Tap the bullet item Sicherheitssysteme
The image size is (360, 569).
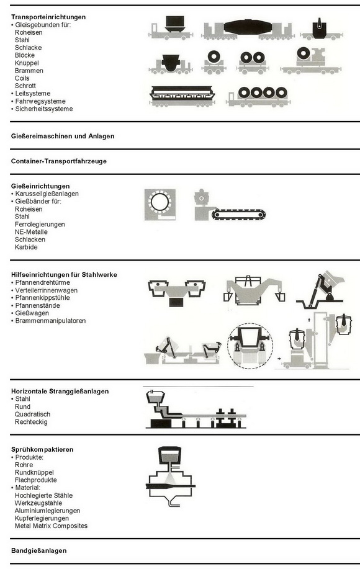click(x=43, y=109)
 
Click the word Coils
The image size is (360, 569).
click(x=22, y=78)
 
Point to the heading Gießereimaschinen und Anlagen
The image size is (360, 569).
click(x=63, y=135)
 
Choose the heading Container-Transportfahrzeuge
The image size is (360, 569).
click(x=59, y=161)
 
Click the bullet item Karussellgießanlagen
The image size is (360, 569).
click(x=47, y=194)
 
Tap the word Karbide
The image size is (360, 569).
click(x=26, y=247)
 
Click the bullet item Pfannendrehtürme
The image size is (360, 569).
click(x=43, y=282)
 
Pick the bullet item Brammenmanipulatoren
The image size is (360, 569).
click(x=50, y=321)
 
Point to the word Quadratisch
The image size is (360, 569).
click(x=32, y=414)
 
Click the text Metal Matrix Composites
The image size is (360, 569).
click(x=51, y=526)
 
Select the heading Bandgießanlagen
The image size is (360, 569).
click(x=38, y=550)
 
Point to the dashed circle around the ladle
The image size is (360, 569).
click(x=251, y=345)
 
